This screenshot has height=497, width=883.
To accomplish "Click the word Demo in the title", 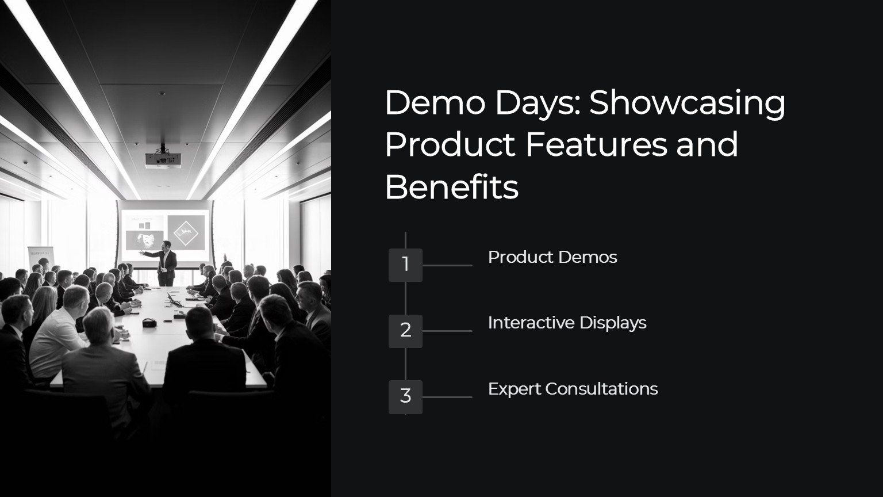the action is tap(435, 103).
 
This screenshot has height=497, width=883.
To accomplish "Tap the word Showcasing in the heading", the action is tap(687, 104).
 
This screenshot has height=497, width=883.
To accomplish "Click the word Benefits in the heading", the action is tap(451, 187).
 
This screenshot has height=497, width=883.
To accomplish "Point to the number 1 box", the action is tap(405, 265).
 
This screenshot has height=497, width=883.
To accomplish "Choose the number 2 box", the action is tap(405, 331).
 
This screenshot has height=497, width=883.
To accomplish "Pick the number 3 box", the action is tap(405, 397).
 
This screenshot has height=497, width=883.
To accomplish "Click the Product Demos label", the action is tap(552, 257).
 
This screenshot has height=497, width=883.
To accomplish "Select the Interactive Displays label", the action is tap(567, 323).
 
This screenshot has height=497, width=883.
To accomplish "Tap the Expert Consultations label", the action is tap(573, 389).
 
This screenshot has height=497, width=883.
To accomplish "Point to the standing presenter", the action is tap(166, 263).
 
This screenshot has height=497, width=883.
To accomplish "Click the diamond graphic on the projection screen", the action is tap(186, 233).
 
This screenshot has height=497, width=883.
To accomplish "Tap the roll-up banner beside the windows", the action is tap(41, 258).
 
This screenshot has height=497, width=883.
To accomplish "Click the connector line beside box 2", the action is tap(447, 331).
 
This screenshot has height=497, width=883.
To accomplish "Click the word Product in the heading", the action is tap(450, 145).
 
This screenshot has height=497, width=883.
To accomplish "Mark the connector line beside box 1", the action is tap(447, 265).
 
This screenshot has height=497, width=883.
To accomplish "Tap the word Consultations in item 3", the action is tap(601, 389).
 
